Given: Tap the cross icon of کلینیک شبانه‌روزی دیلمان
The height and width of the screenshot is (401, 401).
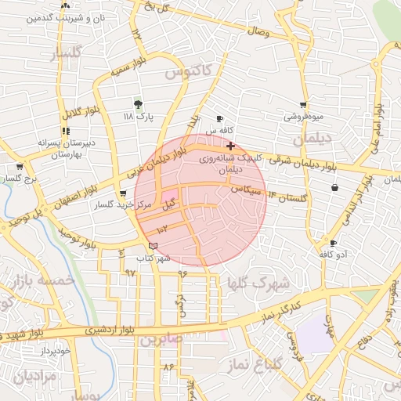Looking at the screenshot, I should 229,146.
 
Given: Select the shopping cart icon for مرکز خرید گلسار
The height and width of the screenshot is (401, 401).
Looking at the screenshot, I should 122,194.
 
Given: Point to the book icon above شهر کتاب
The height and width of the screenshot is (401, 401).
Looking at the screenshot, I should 153,247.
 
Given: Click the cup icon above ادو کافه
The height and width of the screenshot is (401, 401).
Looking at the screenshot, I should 334,244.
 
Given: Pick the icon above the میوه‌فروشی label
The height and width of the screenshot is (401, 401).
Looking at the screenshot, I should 303,105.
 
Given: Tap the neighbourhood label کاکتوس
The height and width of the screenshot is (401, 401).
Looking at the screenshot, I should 189,71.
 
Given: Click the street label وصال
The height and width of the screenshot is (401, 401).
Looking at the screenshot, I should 258,33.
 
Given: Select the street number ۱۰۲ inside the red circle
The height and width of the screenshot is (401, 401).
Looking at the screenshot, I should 162,229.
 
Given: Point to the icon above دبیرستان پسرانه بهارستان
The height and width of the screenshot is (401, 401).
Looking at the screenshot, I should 64,132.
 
